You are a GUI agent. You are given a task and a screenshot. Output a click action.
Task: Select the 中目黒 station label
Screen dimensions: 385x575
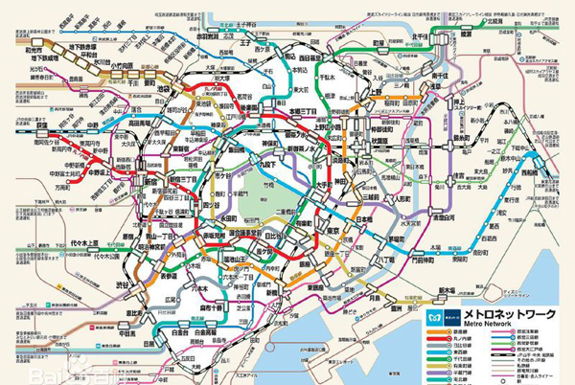126,333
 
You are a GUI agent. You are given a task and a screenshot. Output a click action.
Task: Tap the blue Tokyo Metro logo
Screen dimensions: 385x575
432,317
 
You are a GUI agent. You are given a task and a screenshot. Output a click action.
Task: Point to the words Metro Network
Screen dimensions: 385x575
471,326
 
